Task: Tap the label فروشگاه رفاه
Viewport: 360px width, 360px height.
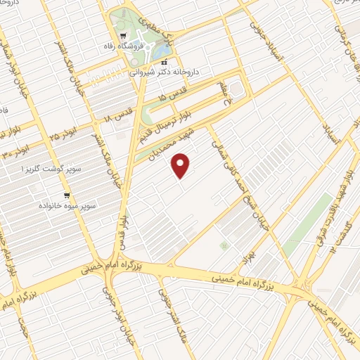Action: point(143,46)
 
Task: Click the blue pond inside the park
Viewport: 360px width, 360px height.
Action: point(162,52)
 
